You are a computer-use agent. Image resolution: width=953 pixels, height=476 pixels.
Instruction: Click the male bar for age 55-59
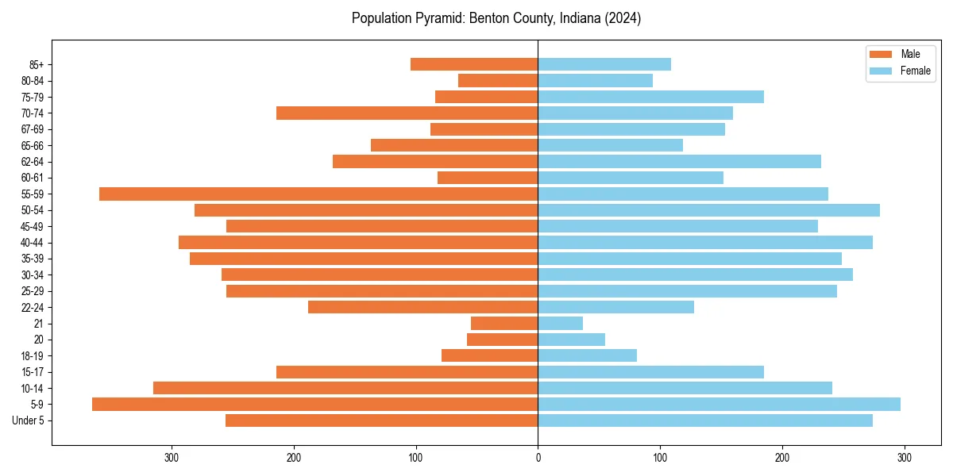click(318, 194)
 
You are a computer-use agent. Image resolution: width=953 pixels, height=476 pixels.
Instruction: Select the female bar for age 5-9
click(719, 404)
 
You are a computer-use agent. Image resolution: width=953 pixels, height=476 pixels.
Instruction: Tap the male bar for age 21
click(504, 323)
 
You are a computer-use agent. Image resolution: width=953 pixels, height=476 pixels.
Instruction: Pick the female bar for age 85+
click(604, 64)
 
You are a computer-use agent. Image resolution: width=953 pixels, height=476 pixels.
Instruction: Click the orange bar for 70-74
click(407, 113)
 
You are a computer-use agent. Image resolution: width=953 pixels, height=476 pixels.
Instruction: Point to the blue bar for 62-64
click(679, 161)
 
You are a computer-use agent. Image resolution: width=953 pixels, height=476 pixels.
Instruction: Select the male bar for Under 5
click(381, 420)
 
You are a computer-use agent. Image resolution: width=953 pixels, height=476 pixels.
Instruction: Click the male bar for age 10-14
click(345, 388)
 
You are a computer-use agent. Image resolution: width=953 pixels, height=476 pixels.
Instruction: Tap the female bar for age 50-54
click(708, 210)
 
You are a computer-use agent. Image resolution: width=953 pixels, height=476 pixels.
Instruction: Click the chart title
click(496, 18)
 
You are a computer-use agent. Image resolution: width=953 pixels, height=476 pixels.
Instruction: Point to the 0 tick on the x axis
click(538, 458)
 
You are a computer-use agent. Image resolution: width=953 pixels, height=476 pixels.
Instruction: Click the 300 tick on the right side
click(904, 458)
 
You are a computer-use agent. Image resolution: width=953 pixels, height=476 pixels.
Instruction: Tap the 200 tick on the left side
click(294, 458)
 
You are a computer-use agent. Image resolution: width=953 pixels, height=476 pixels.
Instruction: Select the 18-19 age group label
click(33, 355)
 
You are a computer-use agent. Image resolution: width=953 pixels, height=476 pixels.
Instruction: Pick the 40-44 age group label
click(33, 243)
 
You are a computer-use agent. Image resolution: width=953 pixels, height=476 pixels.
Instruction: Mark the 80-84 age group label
click(33, 81)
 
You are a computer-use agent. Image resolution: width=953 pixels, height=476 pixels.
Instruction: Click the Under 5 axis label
click(28, 420)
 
